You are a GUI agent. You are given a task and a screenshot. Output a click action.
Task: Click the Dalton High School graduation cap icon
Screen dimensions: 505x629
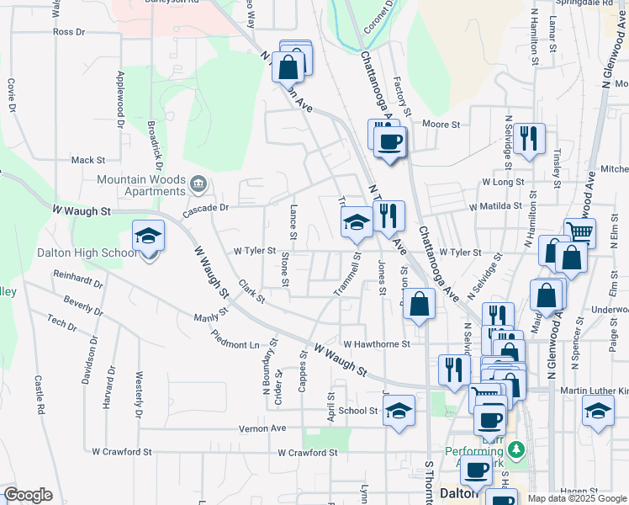148,236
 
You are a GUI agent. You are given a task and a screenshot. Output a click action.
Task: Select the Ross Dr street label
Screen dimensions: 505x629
69,32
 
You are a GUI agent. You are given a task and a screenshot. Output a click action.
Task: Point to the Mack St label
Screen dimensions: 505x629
88,159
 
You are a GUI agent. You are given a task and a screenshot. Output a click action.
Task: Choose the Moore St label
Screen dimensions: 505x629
441,125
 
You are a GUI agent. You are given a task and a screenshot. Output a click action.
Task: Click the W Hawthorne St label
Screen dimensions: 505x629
376,344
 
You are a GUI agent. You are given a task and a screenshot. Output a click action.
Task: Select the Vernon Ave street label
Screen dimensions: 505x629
262,428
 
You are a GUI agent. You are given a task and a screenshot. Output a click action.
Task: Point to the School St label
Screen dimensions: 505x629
358,411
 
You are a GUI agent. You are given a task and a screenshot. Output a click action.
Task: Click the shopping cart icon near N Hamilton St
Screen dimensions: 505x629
579,231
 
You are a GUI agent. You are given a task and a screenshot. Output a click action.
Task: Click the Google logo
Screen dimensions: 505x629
28,496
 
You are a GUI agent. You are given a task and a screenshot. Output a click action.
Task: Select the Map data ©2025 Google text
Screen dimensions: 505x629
577,498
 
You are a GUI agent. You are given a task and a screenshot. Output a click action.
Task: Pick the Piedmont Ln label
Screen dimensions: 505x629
235,344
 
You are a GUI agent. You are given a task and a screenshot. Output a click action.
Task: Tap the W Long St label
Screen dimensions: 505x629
502,182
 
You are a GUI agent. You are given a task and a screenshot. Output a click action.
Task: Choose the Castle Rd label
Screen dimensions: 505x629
39,396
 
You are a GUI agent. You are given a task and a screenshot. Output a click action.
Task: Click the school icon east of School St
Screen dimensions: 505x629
399,412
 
